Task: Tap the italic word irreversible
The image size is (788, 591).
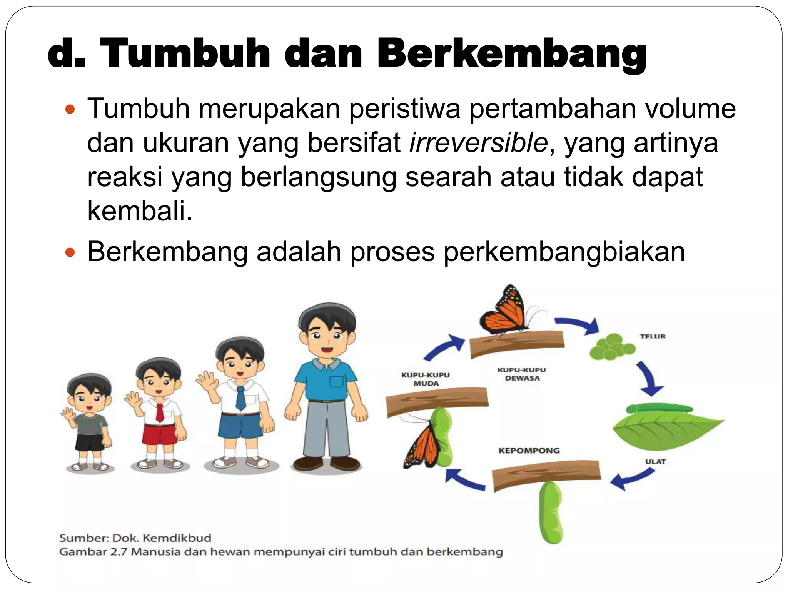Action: pyautogui.click(x=478, y=143)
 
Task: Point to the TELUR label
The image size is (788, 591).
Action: pyautogui.click(x=653, y=336)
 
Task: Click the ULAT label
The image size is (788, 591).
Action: pyautogui.click(x=655, y=461)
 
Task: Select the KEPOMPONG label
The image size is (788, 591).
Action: pyautogui.click(x=529, y=451)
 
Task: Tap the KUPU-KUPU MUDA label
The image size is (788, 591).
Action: pyautogui.click(x=426, y=379)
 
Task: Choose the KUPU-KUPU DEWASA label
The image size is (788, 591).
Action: pyautogui.click(x=522, y=374)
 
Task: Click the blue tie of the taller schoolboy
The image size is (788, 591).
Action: pyautogui.click(x=241, y=398)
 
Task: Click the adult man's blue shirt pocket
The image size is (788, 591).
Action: pyautogui.click(x=336, y=381)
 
